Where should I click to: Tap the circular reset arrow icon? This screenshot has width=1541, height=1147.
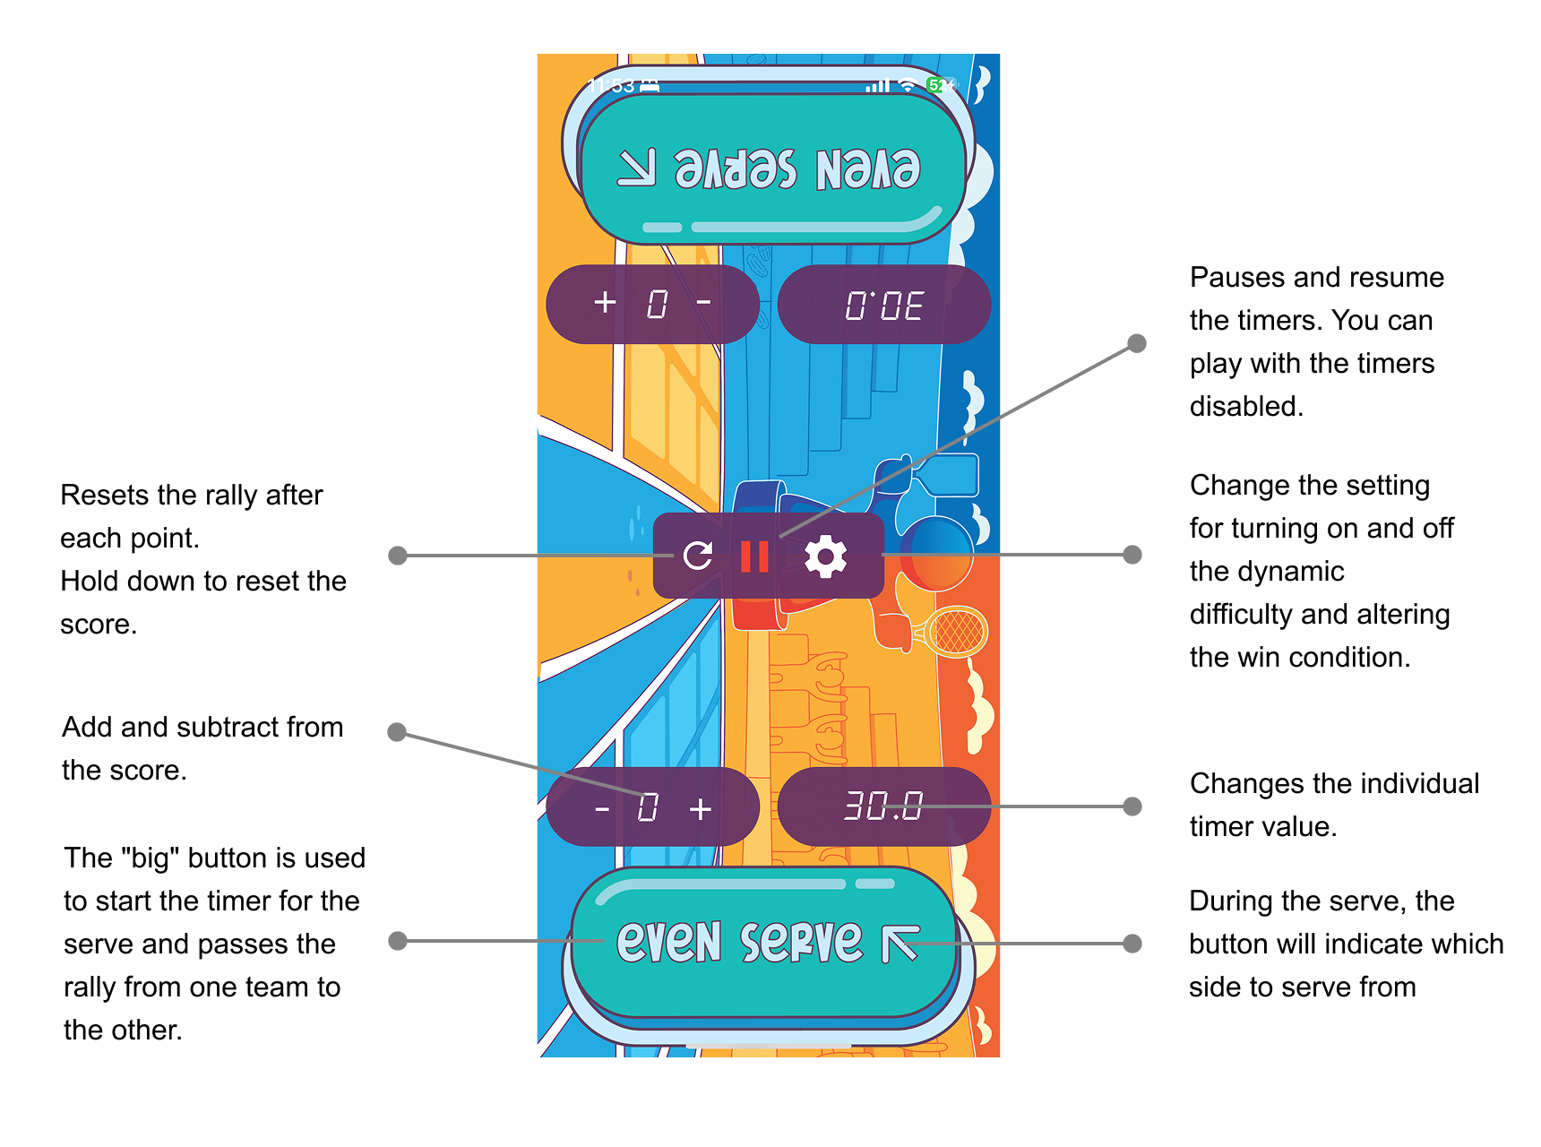(697, 556)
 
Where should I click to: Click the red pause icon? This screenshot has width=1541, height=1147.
(754, 556)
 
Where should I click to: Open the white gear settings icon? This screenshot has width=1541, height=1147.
(825, 556)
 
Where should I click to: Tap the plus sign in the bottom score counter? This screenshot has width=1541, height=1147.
(701, 809)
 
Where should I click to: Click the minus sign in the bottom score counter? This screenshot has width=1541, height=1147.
(602, 809)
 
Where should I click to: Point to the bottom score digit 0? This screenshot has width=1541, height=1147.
(648, 807)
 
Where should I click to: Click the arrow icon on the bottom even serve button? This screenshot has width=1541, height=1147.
(900, 944)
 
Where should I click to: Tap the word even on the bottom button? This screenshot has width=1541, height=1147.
(668, 942)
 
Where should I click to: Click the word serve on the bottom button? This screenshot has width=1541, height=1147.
(801, 942)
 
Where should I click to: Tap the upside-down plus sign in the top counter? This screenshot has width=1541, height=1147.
(605, 302)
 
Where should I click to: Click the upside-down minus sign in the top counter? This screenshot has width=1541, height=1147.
(703, 302)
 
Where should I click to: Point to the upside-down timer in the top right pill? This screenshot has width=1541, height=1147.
(884, 306)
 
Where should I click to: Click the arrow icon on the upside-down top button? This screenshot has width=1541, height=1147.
(637, 168)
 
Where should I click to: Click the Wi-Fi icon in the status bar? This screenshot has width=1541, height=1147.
(908, 85)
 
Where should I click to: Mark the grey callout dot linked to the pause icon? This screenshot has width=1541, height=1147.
(1137, 343)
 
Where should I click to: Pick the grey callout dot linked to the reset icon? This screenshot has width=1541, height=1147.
(398, 556)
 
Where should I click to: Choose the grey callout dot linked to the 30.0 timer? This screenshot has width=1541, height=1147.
(1132, 806)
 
